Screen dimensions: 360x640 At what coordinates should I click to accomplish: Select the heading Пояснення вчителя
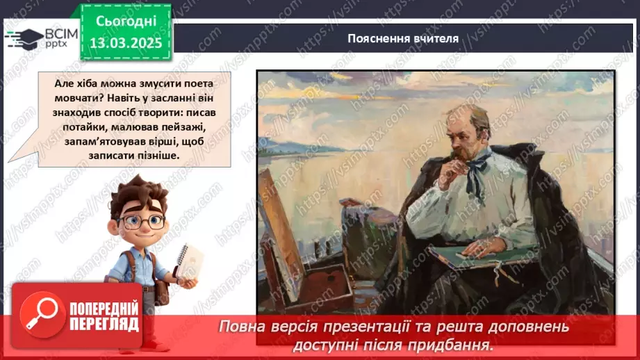(x=403, y=38)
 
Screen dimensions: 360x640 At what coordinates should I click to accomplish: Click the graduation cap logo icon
(x=23, y=37)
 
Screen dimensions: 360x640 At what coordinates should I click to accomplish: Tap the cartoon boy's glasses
(x=140, y=222)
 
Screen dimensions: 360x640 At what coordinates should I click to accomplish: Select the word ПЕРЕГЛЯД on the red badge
(x=104, y=324)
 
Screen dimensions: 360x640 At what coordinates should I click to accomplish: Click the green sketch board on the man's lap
(x=479, y=256)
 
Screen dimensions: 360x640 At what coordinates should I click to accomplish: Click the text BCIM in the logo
(x=60, y=32)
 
